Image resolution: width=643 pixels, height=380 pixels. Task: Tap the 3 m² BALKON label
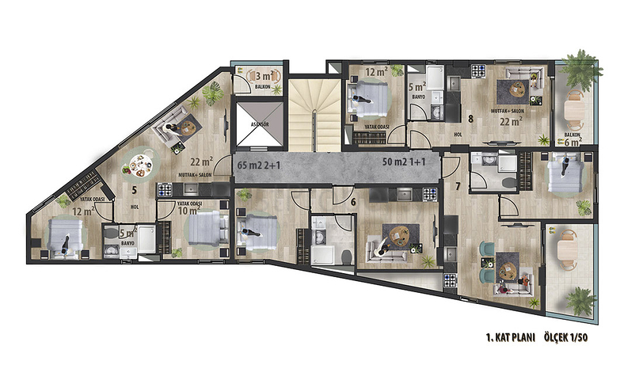(x=260, y=79)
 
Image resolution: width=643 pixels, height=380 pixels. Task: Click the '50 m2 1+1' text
(x=407, y=162)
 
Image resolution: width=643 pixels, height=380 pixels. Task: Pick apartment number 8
(x=470, y=120)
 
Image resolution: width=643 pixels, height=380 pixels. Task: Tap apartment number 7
(x=458, y=186)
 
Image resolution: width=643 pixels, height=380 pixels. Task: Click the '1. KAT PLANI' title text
(x=512, y=336)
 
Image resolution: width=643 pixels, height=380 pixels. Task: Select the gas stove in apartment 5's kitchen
(x=166, y=188)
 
